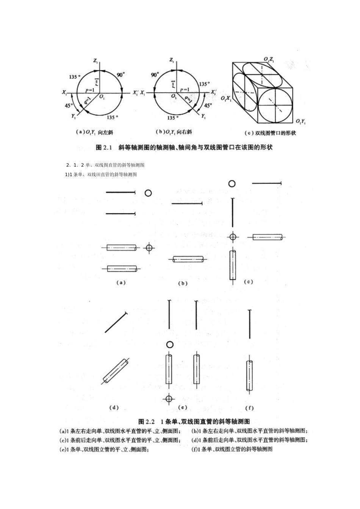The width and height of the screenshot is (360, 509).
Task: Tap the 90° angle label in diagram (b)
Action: coord(154,75)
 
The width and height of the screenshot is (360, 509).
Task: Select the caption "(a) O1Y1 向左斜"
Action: coord(95,132)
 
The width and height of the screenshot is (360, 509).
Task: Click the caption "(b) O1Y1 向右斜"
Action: coord(174,132)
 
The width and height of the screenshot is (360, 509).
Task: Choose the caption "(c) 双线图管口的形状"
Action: coord(270,133)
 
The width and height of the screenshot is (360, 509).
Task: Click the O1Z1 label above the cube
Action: coord(269,59)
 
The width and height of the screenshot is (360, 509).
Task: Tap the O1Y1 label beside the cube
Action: coord(301,121)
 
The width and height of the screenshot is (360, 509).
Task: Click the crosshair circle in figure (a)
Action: coord(149,248)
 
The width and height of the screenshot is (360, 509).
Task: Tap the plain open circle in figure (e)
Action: coord(170,344)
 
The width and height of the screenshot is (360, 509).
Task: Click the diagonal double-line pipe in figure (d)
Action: coord(116,371)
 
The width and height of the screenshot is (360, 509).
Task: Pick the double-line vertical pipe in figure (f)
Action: coord(249,376)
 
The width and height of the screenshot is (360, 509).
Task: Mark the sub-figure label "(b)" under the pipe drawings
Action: coord(183,283)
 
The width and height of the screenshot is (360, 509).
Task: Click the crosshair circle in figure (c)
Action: coord(233,237)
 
